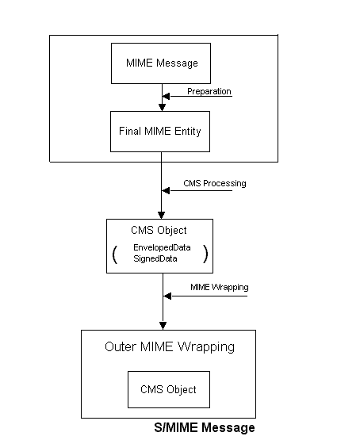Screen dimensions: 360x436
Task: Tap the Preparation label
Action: pyautogui.click(x=209, y=91)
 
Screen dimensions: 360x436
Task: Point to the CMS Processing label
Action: pyautogui.click(x=215, y=184)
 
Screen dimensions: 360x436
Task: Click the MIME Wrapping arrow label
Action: pyautogui.click(x=219, y=287)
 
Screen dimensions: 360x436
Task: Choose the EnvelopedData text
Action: pyautogui.click(x=162, y=247)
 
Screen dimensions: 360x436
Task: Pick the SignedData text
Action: pyautogui.click(x=155, y=258)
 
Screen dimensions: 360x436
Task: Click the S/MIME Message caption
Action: pyautogui.click(x=205, y=427)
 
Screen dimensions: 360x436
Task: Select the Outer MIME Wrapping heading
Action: pyautogui.click(x=170, y=347)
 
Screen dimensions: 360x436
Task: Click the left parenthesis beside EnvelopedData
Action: pyautogui.click(x=115, y=254)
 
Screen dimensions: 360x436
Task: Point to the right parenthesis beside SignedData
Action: pyautogui.click(x=205, y=254)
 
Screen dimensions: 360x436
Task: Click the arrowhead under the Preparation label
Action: pyautogui.click(x=166, y=96)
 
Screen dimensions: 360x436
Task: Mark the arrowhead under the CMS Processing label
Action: pyautogui.click(x=166, y=190)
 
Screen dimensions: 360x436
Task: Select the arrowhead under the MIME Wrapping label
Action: pyautogui.click(x=167, y=296)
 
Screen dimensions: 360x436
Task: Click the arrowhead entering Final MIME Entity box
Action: pyautogui.click(x=163, y=108)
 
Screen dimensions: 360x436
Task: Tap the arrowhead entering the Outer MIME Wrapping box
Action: pyautogui.click(x=163, y=326)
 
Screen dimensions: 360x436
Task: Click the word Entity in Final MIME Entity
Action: pyautogui.click(x=187, y=132)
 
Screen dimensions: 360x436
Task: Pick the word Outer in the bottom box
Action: pyautogui.click(x=121, y=346)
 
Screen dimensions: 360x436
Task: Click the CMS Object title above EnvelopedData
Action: pyautogui.click(x=159, y=230)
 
